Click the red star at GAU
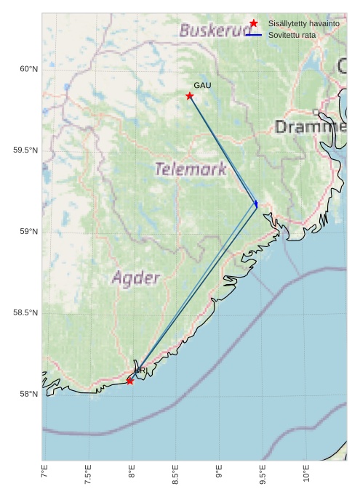pyautogui.click(x=190, y=96)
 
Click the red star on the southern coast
pyautogui.click(x=130, y=381)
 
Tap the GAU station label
pyautogui.click(x=202, y=86)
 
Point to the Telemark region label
pyautogui.click(x=191, y=169)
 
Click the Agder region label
pyautogui.click(x=136, y=278)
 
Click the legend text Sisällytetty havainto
pyautogui.click(x=303, y=24)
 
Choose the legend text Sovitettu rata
pyautogui.click(x=292, y=35)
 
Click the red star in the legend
pyautogui.click(x=253, y=24)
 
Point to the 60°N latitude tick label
pyautogui.click(x=28, y=69)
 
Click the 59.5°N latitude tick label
pyautogui.click(x=25, y=150)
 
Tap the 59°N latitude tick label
pyautogui.click(x=28, y=232)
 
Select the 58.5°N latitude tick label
pyautogui.click(x=25, y=313)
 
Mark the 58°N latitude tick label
pyautogui.click(x=28, y=395)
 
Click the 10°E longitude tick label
pyautogui.click(x=306, y=474)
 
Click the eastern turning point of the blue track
pyautogui.click(x=257, y=205)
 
